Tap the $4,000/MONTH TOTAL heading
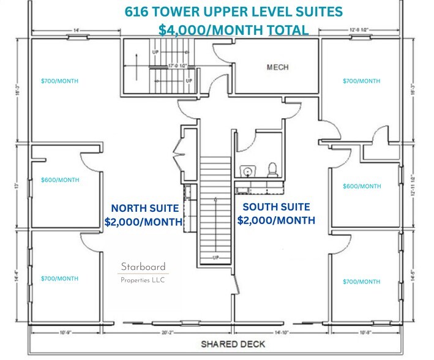click(x=233, y=29)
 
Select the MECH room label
click(x=277, y=67)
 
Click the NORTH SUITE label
click(x=143, y=208)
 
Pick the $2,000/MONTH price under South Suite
click(x=276, y=220)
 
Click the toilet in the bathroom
click(x=271, y=168)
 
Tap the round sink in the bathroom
click(x=246, y=170)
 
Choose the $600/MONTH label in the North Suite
click(x=59, y=180)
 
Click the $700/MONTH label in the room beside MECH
click(x=361, y=81)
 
